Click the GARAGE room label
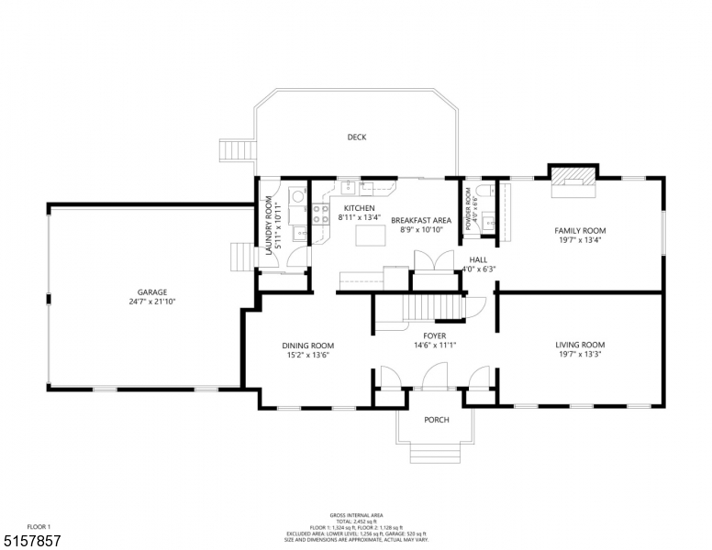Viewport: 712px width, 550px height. coord(152,292)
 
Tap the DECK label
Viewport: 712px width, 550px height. coord(357,137)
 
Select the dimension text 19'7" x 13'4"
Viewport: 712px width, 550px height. coord(579,240)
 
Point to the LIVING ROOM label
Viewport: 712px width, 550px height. coord(579,345)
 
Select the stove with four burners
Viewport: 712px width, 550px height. coord(321,214)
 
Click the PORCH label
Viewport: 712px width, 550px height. coord(436,420)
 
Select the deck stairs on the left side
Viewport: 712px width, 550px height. coord(237,150)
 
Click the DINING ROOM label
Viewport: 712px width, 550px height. coord(307,346)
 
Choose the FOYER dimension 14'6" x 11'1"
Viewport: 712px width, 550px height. coord(436,346)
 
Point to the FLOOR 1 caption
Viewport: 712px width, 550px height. coord(39,526)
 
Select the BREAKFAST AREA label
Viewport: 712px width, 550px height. coord(421,220)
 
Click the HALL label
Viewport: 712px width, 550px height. coord(477,258)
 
